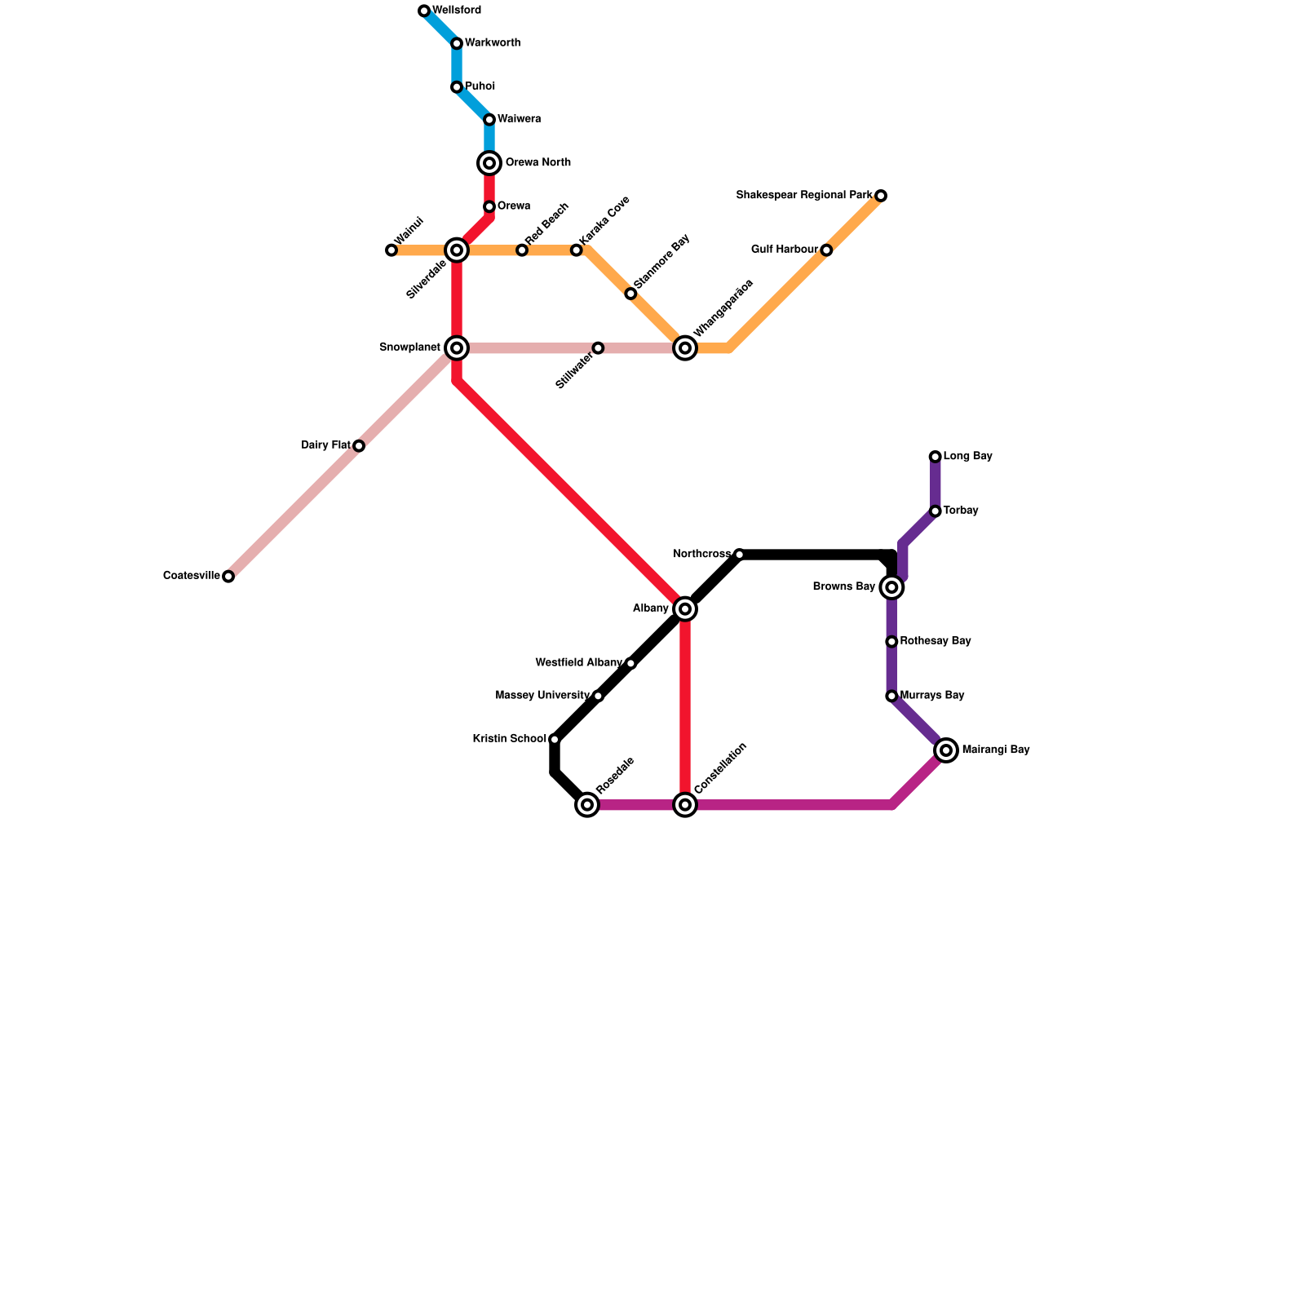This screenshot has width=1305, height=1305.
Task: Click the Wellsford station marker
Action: [x=424, y=11]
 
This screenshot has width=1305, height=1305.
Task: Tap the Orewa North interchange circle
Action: [x=489, y=163]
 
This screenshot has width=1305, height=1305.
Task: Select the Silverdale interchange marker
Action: [x=457, y=250]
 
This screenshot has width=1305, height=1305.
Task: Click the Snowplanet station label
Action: [x=409, y=347]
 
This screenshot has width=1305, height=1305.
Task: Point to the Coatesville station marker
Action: [x=228, y=577]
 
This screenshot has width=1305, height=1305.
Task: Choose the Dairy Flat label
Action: [x=325, y=445]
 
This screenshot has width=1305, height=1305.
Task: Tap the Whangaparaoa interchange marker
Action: [x=685, y=348]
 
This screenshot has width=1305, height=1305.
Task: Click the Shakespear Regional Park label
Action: [x=804, y=196]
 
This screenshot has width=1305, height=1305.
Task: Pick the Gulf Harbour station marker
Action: [x=826, y=250]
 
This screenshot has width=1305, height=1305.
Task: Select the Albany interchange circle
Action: [x=685, y=609]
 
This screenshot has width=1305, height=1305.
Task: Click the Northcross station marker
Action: [x=739, y=555]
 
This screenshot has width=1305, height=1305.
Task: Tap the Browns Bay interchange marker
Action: [x=892, y=587]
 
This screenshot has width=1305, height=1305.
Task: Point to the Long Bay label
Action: [x=967, y=457]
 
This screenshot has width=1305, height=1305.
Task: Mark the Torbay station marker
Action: [x=936, y=511]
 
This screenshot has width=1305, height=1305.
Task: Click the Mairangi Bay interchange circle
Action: [x=946, y=750]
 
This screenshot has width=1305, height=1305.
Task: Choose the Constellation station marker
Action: [x=685, y=805]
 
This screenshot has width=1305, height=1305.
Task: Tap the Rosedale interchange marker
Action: [x=587, y=805]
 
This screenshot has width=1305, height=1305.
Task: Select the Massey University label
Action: [x=542, y=696]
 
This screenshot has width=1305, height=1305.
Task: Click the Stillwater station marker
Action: [x=598, y=348]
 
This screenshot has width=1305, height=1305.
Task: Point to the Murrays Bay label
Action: [x=932, y=696]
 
